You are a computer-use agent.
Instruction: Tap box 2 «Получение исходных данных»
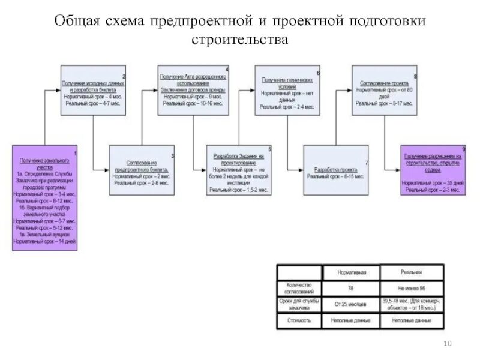coord(93,90)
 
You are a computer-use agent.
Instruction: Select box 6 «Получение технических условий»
coord(287,90)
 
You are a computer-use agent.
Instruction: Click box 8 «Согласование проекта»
coord(385,90)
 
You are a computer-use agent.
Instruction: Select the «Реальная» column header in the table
coord(413,272)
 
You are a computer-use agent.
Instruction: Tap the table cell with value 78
coord(350,289)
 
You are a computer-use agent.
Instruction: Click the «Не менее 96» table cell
coord(413,289)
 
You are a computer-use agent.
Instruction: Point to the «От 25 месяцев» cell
coord(350,305)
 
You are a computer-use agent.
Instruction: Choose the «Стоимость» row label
coord(299,321)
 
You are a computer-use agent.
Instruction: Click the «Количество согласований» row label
coord(299,288)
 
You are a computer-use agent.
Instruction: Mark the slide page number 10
coord(446,343)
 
